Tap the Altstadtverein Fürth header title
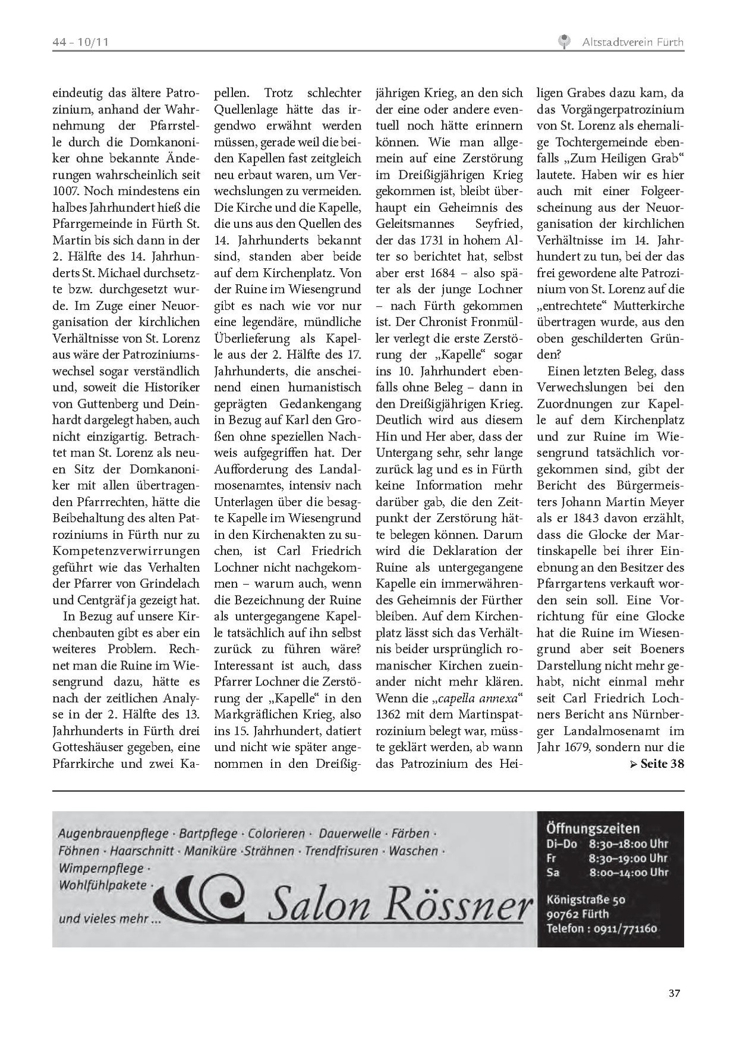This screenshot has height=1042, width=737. pyautogui.click(x=632, y=42)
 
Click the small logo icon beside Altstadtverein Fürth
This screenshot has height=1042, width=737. pyautogui.click(x=563, y=42)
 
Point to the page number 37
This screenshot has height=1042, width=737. pyautogui.click(x=674, y=994)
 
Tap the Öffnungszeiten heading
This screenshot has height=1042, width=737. pyautogui.click(x=593, y=828)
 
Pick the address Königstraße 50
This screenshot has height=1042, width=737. pyautogui.click(x=586, y=900)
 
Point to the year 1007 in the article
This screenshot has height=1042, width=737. pyautogui.click(x=65, y=192)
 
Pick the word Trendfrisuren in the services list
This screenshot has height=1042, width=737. pyautogui.click(x=341, y=851)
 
